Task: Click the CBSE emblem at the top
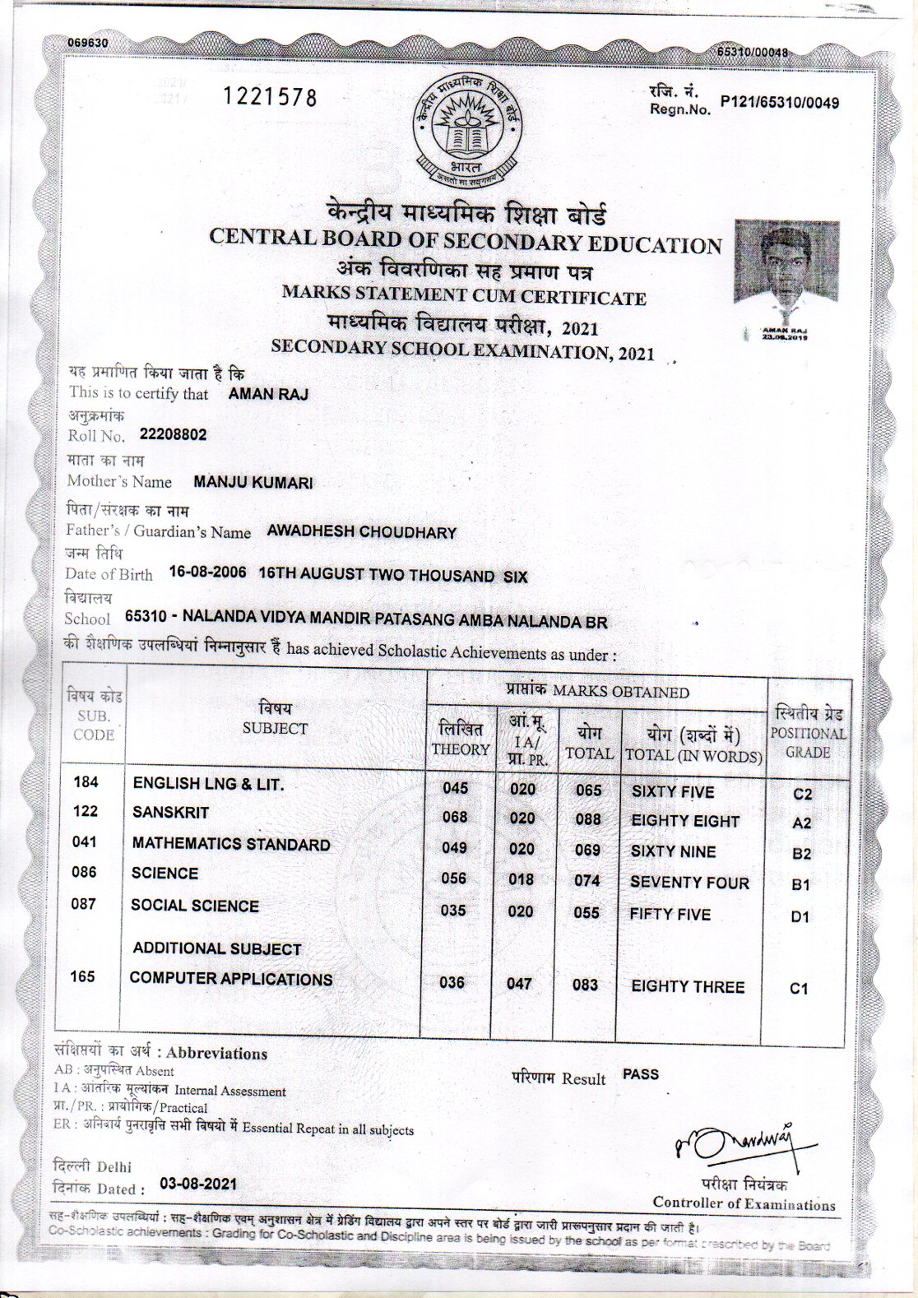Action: [x=466, y=132]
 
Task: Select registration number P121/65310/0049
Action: [x=779, y=103]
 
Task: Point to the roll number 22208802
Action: [x=173, y=434]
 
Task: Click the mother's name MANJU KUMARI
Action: [x=253, y=483]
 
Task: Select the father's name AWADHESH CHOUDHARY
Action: [x=361, y=532]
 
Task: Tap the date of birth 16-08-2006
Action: [x=207, y=573]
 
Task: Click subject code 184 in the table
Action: [x=86, y=781]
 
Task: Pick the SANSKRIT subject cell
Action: [x=171, y=813]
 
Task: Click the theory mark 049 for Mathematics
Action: [x=454, y=848]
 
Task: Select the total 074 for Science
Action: [x=587, y=881]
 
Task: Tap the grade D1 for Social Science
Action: [x=800, y=916]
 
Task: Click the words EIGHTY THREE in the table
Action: [x=688, y=987]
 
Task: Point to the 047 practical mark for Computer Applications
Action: [x=520, y=984]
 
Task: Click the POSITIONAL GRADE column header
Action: [x=807, y=733]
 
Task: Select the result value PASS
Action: [x=641, y=1074]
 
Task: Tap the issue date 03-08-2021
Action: [x=198, y=1184]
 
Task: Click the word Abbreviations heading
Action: [x=217, y=1054]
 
